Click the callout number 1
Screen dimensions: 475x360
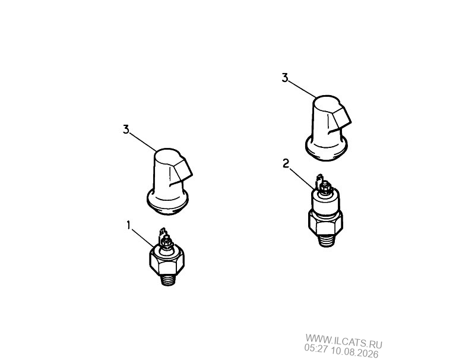(x=128, y=225)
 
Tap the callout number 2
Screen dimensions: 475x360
(x=286, y=163)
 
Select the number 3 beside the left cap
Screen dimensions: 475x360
(x=126, y=130)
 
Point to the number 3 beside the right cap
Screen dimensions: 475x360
(x=285, y=78)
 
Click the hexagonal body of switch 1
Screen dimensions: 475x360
(x=167, y=260)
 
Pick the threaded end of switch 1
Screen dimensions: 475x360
(x=167, y=280)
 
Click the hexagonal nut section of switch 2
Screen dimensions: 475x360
(x=325, y=223)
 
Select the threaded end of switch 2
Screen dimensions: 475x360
(x=327, y=241)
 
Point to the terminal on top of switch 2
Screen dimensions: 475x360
(x=324, y=184)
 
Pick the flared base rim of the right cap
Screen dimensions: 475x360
(x=326, y=149)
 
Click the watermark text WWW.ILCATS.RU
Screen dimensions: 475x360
(x=344, y=340)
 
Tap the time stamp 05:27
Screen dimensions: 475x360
(x=316, y=349)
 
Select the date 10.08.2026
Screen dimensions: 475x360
(x=354, y=352)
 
